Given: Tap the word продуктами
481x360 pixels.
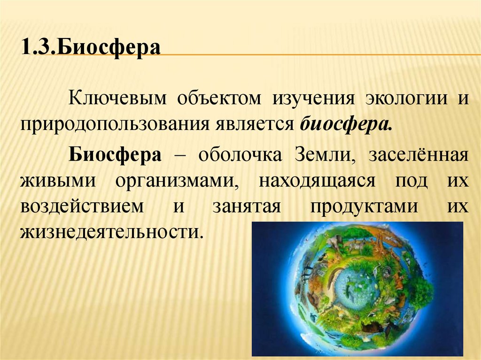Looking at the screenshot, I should tap(359, 207).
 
